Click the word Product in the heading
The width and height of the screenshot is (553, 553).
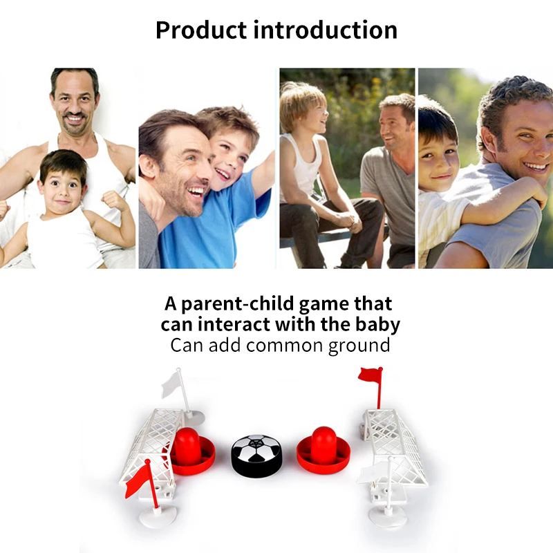200,30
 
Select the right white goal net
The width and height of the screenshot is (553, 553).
394,439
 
